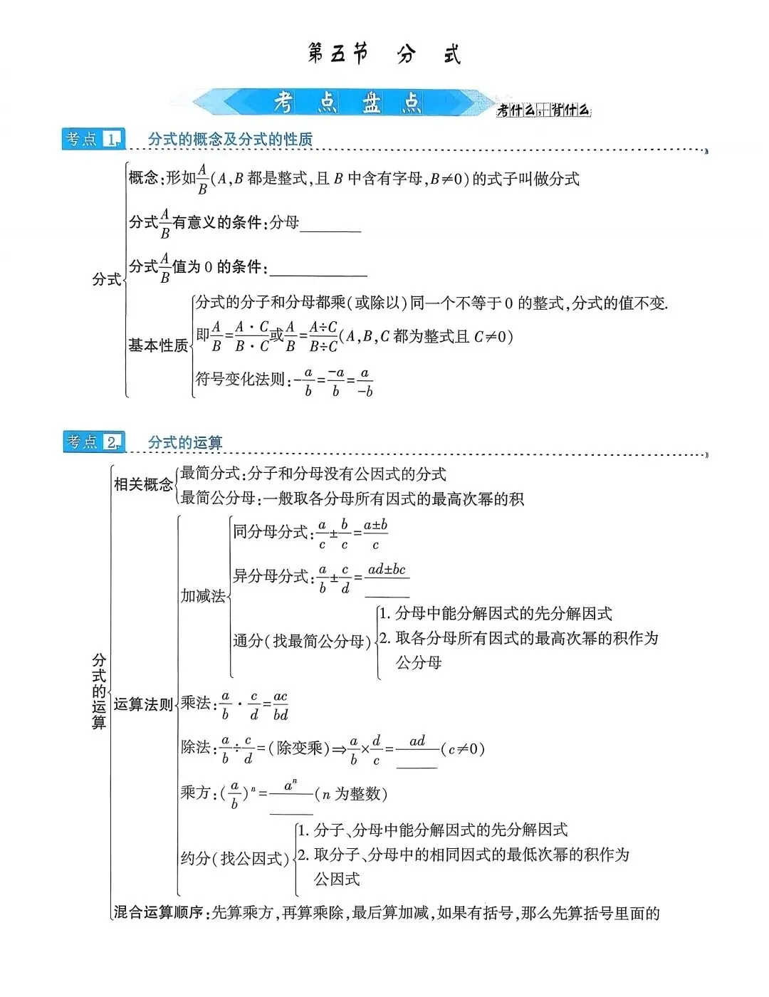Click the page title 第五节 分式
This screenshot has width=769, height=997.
point(384,54)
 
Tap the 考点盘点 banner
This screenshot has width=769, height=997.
point(347,103)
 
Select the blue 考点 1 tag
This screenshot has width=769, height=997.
point(93,139)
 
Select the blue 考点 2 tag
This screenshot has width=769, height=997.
point(93,442)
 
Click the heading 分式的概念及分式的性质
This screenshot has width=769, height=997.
point(230,140)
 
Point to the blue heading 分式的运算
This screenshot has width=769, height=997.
point(185,443)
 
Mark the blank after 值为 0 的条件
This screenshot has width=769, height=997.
point(318,270)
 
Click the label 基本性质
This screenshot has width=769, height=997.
point(158,346)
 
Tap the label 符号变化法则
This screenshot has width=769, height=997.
point(241,380)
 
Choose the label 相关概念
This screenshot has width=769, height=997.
point(143,485)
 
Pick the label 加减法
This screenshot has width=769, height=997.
point(202,596)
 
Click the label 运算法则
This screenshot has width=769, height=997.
point(143,705)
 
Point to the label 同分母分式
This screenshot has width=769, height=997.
point(270,532)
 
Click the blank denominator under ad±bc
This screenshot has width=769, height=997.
point(387,590)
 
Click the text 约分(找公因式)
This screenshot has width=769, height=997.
point(234,859)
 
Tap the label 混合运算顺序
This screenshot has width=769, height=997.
point(159,913)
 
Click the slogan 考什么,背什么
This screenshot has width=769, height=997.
point(544,110)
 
